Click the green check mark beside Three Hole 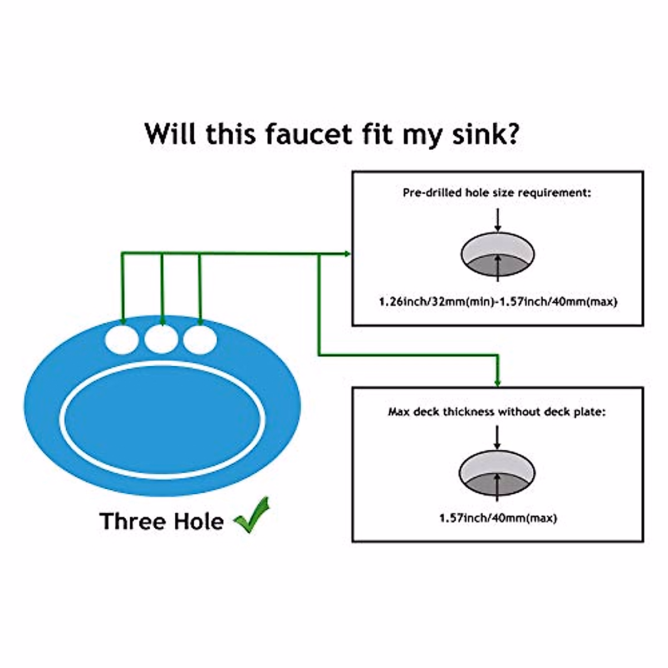[252, 515]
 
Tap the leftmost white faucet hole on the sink [122, 339]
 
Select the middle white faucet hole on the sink [161, 339]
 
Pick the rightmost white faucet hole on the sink [200, 339]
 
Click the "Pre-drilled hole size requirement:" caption [497, 193]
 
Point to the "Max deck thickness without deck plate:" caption [497, 412]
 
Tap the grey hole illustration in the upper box [498, 254]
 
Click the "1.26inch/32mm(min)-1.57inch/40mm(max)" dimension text [498, 302]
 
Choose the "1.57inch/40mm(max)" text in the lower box [498, 518]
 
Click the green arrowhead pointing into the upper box [347, 254]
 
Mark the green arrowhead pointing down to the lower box [497, 382]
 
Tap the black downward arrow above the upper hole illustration [498, 220]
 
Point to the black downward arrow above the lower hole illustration [497, 439]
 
